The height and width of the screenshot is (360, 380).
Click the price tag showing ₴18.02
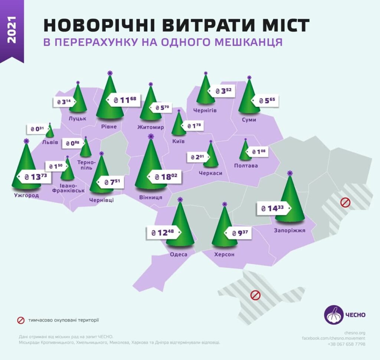pyautogui.click(x=164, y=177)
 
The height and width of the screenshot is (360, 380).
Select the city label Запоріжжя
pyautogui.click(x=290, y=230)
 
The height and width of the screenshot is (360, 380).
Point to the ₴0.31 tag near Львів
pyautogui.click(x=37, y=129)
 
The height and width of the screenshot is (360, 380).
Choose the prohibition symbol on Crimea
pyautogui.click(x=255, y=295)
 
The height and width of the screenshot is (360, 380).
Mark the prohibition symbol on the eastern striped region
pyautogui.click(x=345, y=203)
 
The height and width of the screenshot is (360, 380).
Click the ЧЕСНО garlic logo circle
pyautogui.click(x=334, y=315)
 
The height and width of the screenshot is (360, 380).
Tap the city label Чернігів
pyautogui.click(x=205, y=110)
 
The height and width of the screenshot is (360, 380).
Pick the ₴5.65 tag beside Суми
pyautogui.click(x=265, y=100)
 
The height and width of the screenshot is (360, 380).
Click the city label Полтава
pyautogui.click(x=246, y=165)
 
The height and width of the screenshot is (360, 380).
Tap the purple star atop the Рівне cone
pyautogui.click(x=110, y=73)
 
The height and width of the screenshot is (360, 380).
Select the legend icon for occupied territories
pyautogui.click(x=21, y=320)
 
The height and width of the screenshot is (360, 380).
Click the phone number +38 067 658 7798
pyautogui.click(x=347, y=344)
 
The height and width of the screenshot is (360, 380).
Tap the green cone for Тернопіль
pyautogui.click(x=86, y=148)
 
